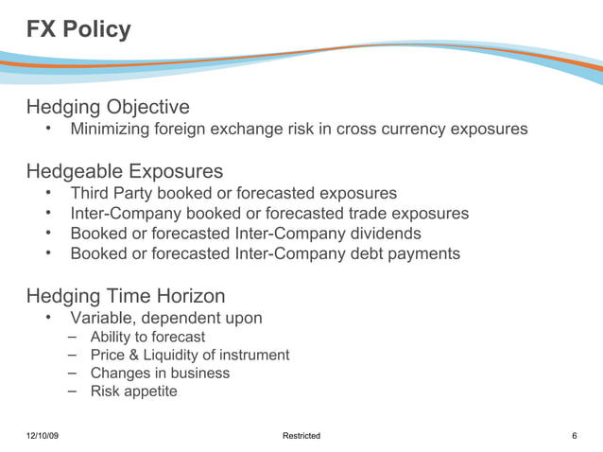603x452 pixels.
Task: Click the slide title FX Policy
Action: coord(78,30)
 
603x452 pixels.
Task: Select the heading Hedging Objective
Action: coord(108,107)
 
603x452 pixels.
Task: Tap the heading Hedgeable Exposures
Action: coord(125,171)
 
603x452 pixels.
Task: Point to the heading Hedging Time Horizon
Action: coord(126,296)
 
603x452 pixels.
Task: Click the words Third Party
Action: coord(112,193)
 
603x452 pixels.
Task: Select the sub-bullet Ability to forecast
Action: coord(147,337)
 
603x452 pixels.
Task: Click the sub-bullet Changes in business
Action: coord(160,373)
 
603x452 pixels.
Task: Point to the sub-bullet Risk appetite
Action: coord(133,391)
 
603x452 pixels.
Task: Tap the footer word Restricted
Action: coord(301,436)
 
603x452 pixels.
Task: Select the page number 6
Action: coord(575,436)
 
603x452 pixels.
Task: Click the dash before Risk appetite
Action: coord(74,391)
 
